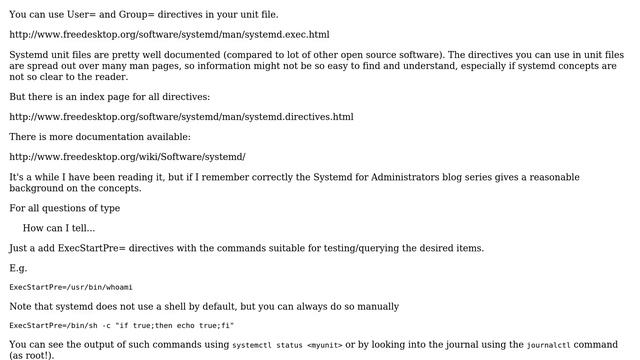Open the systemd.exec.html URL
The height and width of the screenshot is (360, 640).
(x=169, y=34)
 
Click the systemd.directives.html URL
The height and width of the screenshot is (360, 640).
(x=181, y=117)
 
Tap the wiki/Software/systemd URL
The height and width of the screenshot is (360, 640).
(x=127, y=157)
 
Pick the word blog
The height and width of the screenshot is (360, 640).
(x=447, y=177)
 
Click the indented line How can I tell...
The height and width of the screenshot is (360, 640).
(x=66, y=228)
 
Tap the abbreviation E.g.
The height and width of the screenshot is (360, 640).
(x=19, y=268)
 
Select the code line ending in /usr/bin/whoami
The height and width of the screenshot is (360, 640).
(x=57, y=287)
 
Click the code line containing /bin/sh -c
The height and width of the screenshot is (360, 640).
(x=121, y=326)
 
